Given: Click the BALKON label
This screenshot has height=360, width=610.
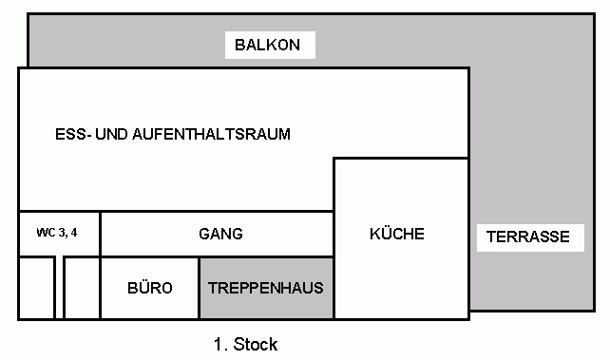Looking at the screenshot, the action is (268, 45).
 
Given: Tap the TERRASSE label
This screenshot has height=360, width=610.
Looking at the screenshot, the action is (528, 237).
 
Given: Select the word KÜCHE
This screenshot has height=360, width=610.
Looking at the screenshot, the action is (397, 234).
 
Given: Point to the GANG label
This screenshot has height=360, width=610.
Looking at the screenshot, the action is (220, 234).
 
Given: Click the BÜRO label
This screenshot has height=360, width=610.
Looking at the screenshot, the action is (150, 288).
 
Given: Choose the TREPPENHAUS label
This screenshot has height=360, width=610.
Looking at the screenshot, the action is (266, 288).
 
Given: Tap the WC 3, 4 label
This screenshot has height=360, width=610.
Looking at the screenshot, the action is (57, 233).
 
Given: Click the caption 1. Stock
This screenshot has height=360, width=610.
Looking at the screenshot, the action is (245, 345).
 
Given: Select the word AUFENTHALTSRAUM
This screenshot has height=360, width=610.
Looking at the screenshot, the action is (211, 134).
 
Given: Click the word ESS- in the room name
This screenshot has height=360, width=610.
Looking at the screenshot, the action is (73, 134).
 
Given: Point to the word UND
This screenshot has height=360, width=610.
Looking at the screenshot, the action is (111, 134).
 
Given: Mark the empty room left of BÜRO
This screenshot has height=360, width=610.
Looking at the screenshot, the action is (82, 288).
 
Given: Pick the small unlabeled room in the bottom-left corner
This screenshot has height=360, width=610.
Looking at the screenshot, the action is (36, 288).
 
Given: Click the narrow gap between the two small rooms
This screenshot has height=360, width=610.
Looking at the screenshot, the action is (60, 288).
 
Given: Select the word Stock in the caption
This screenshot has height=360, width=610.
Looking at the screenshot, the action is (256, 345).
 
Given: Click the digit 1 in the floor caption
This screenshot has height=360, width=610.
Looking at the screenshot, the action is (218, 345).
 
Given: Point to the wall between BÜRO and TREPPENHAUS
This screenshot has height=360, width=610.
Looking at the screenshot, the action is (200, 288).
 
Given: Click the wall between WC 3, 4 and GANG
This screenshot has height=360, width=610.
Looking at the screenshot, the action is (100, 234).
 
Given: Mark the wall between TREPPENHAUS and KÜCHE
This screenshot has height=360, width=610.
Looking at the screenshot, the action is (334, 288).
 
